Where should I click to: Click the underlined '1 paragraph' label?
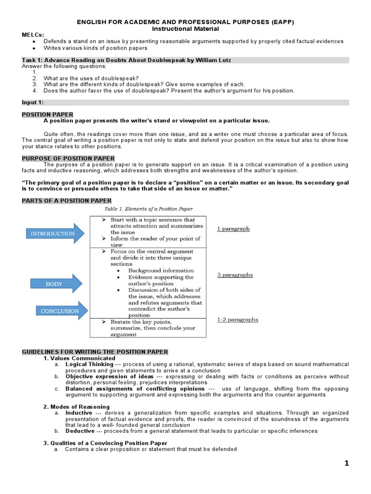(x=233, y=229)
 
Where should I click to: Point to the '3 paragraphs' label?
(x=235, y=275)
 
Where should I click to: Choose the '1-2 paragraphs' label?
(x=237, y=319)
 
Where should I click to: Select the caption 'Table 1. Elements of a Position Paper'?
(x=149, y=209)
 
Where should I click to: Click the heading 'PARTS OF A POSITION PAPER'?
(x=67, y=201)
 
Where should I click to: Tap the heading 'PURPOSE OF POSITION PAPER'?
(x=68, y=158)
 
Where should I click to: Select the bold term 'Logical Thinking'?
(x=89, y=364)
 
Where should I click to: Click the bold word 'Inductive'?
(x=79, y=413)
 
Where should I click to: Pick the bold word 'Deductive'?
(x=80, y=431)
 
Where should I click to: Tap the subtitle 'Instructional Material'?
(x=185, y=29)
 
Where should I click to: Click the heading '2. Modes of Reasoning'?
(x=76, y=407)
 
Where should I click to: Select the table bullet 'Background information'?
(x=161, y=271)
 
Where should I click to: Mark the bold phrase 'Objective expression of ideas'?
(x=110, y=376)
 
